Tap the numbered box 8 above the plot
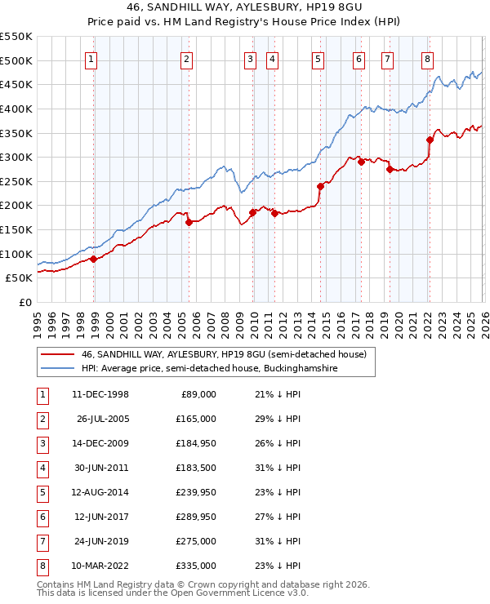[x=427, y=59]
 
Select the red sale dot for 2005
[x=189, y=222]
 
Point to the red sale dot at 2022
[x=430, y=140]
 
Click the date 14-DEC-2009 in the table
[x=100, y=443]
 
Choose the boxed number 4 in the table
[x=42, y=468]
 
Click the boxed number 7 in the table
[x=42, y=541]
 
